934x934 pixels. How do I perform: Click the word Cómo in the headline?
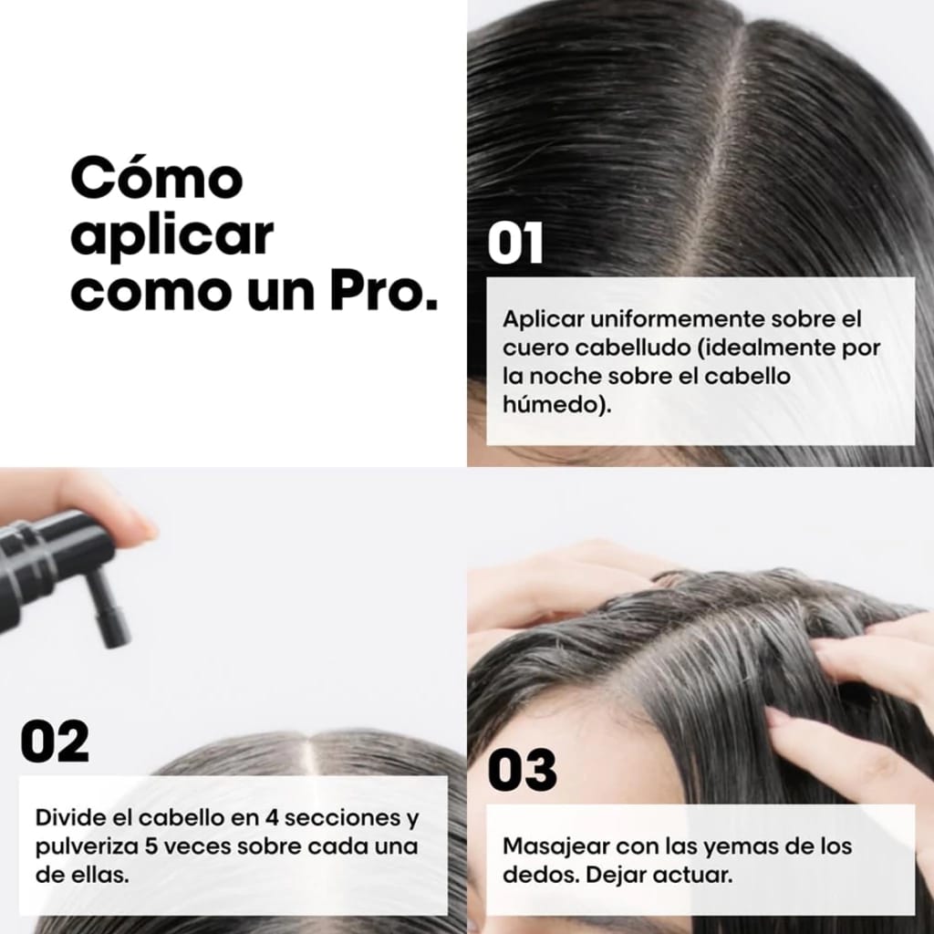[157, 178]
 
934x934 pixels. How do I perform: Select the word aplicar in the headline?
[172, 236]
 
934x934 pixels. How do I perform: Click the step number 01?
[515, 243]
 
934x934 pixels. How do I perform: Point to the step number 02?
[55, 741]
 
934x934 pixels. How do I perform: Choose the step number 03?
[523, 770]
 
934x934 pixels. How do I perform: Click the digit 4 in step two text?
[272, 817]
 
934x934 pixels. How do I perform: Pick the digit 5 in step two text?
[151, 846]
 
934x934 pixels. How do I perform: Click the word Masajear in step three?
[555, 846]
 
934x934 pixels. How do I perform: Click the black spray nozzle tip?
[117, 639]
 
